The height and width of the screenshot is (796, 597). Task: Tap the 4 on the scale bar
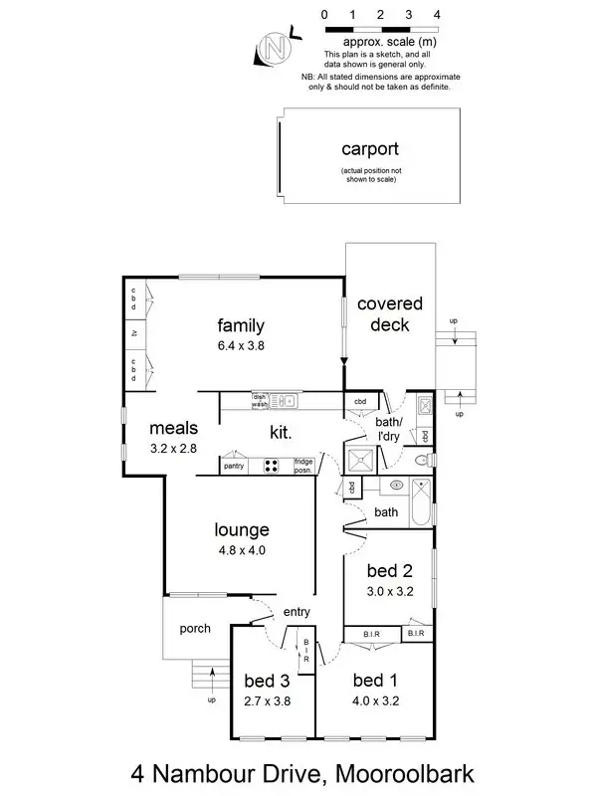[438, 16]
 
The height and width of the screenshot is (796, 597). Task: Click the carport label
[369, 150]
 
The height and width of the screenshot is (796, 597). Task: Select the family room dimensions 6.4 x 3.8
[241, 347]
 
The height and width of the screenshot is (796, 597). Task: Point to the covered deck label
[390, 313]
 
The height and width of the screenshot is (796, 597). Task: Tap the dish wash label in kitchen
[260, 401]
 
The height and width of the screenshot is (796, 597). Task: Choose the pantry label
[234, 465]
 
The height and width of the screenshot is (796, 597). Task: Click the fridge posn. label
[302, 465]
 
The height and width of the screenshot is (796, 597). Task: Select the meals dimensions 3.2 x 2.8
[174, 450]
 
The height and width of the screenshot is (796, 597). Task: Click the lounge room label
[242, 529]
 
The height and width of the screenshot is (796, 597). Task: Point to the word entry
[297, 611]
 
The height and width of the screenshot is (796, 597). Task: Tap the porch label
[194, 629]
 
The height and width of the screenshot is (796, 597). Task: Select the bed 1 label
[375, 682]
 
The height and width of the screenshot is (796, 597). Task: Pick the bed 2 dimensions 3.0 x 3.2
[389, 590]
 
